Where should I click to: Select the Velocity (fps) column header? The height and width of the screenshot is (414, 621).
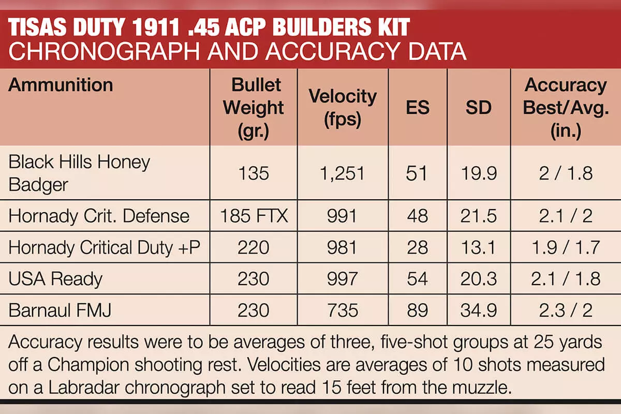[x=343, y=108]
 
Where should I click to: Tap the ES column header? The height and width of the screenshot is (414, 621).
[x=418, y=107]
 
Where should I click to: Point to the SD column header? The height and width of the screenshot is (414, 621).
[x=479, y=107]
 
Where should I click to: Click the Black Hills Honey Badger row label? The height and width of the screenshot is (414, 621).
[x=79, y=173]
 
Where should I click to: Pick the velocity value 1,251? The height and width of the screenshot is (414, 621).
[x=343, y=173]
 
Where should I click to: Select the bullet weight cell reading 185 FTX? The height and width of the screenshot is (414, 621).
[x=254, y=216]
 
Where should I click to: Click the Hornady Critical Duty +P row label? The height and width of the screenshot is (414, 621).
[x=104, y=247]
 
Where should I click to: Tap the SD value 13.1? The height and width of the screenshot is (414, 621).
[x=478, y=247]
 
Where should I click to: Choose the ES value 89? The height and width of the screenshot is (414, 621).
[x=418, y=310]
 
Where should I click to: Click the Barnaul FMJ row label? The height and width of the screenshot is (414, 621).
[x=60, y=310]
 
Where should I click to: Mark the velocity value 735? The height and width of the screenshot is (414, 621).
[x=343, y=310]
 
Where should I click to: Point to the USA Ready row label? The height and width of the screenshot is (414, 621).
[x=55, y=279]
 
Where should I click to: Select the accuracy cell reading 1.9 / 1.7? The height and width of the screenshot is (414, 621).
[x=566, y=247]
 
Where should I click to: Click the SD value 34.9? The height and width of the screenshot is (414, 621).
[x=479, y=310]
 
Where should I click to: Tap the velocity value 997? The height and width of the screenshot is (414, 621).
[x=343, y=279]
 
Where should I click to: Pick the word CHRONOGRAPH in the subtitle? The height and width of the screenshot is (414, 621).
[x=104, y=52]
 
